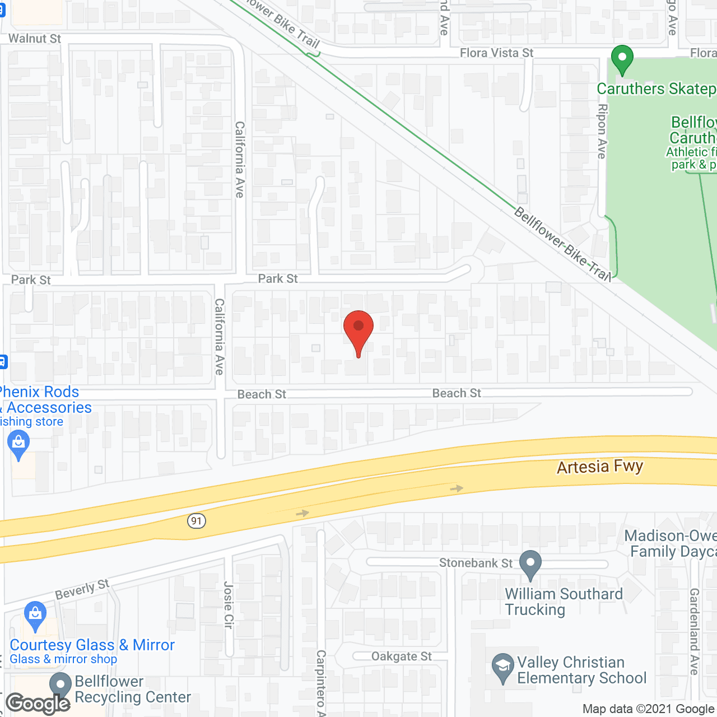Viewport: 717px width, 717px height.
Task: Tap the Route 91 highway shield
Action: point(196,521)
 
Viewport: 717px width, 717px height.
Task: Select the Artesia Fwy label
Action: point(600,467)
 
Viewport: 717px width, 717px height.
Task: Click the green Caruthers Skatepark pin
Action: point(622,59)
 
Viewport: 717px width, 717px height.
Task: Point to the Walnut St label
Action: point(35,39)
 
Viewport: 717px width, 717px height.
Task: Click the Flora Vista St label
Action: point(496,53)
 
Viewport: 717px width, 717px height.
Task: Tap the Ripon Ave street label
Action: point(602,132)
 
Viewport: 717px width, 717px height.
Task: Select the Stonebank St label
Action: point(476,563)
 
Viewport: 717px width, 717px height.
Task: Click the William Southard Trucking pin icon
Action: point(530,564)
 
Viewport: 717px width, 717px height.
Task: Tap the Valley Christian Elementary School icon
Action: point(502,666)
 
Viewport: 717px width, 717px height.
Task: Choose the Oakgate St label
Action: point(402,657)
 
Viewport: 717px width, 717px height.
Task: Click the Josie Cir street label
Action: point(228,605)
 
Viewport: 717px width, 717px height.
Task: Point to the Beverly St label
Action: point(82,589)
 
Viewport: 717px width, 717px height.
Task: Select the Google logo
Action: point(38,704)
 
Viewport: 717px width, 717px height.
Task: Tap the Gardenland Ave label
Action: point(695,631)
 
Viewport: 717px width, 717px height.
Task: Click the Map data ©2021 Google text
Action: point(648,709)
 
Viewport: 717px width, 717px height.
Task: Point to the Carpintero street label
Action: point(321,682)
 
